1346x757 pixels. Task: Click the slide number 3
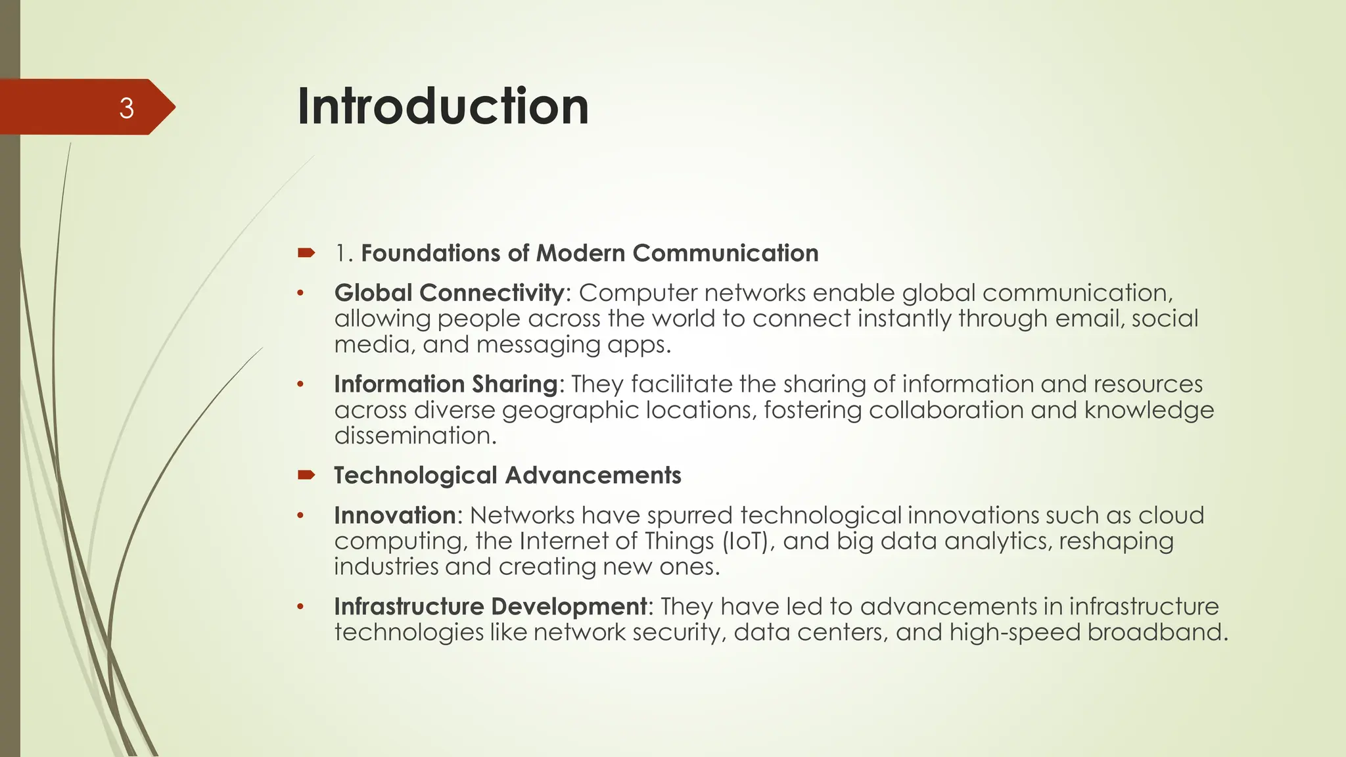coord(126,108)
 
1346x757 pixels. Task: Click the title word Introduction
coord(443,106)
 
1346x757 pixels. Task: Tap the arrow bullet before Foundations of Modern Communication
coord(306,252)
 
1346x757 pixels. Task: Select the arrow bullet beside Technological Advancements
coord(306,474)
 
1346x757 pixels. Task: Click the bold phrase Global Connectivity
coord(449,293)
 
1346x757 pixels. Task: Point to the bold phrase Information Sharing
coord(446,384)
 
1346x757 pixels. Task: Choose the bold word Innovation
coord(394,515)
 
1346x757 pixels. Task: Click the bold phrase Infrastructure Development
coord(490,606)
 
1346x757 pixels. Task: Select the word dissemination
coord(415,436)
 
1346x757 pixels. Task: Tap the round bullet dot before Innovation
coord(300,516)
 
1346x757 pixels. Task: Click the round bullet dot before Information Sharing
coord(300,384)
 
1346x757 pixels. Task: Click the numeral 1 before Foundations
coord(341,253)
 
